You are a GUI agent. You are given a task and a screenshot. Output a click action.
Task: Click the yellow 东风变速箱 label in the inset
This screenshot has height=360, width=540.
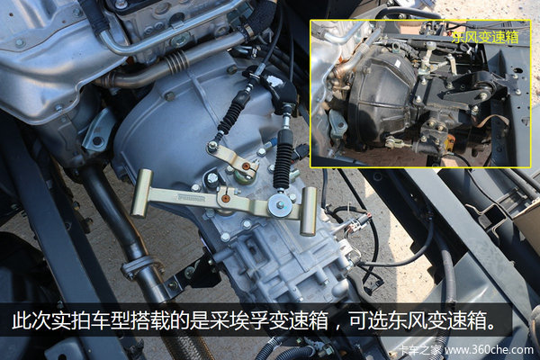[x=485, y=37]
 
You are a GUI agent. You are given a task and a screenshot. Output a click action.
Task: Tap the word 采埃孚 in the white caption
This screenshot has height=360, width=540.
[x=239, y=321]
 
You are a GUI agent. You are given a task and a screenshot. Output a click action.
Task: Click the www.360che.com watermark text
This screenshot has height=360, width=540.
[x=489, y=350]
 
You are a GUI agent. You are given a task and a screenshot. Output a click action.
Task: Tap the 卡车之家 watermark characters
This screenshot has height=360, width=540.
[x=419, y=350]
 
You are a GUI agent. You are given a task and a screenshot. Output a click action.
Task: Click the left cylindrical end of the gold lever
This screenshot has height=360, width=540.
[x=141, y=193]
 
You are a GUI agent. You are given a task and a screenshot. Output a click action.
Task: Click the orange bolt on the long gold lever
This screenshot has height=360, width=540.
[x=225, y=199]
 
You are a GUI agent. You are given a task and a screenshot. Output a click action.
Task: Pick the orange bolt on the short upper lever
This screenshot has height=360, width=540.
[x=245, y=166]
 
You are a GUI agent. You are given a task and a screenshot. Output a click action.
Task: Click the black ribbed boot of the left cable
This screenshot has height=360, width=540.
[x=230, y=113]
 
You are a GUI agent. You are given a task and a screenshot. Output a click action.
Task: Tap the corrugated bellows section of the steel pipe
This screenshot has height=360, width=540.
[x=176, y=61]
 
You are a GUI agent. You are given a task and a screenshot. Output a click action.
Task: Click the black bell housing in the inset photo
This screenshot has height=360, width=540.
[x=382, y=94]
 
